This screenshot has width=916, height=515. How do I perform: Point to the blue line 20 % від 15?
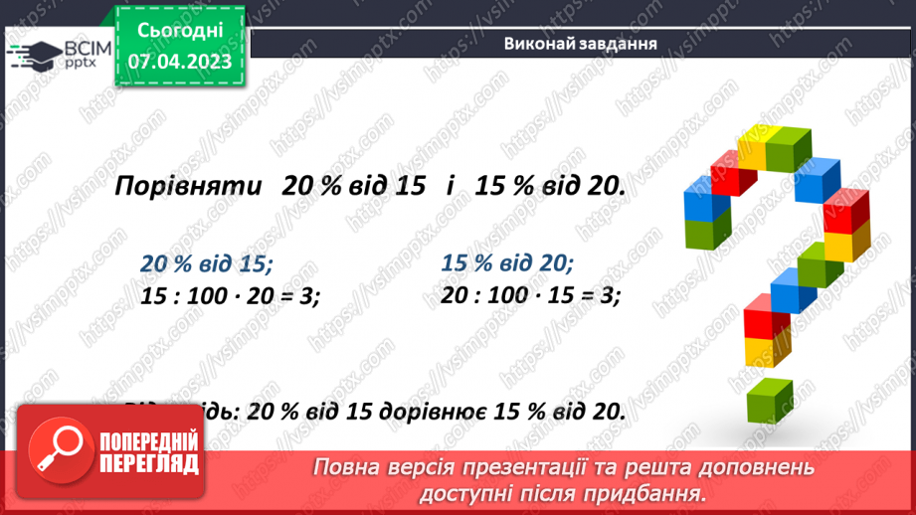(207, 264)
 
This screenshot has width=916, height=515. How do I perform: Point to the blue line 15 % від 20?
(506, 263)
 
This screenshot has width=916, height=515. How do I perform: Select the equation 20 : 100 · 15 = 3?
(530, 295)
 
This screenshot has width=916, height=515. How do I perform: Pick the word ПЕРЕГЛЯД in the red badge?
(149, 464)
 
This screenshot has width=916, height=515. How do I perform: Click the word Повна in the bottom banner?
(350, 468)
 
